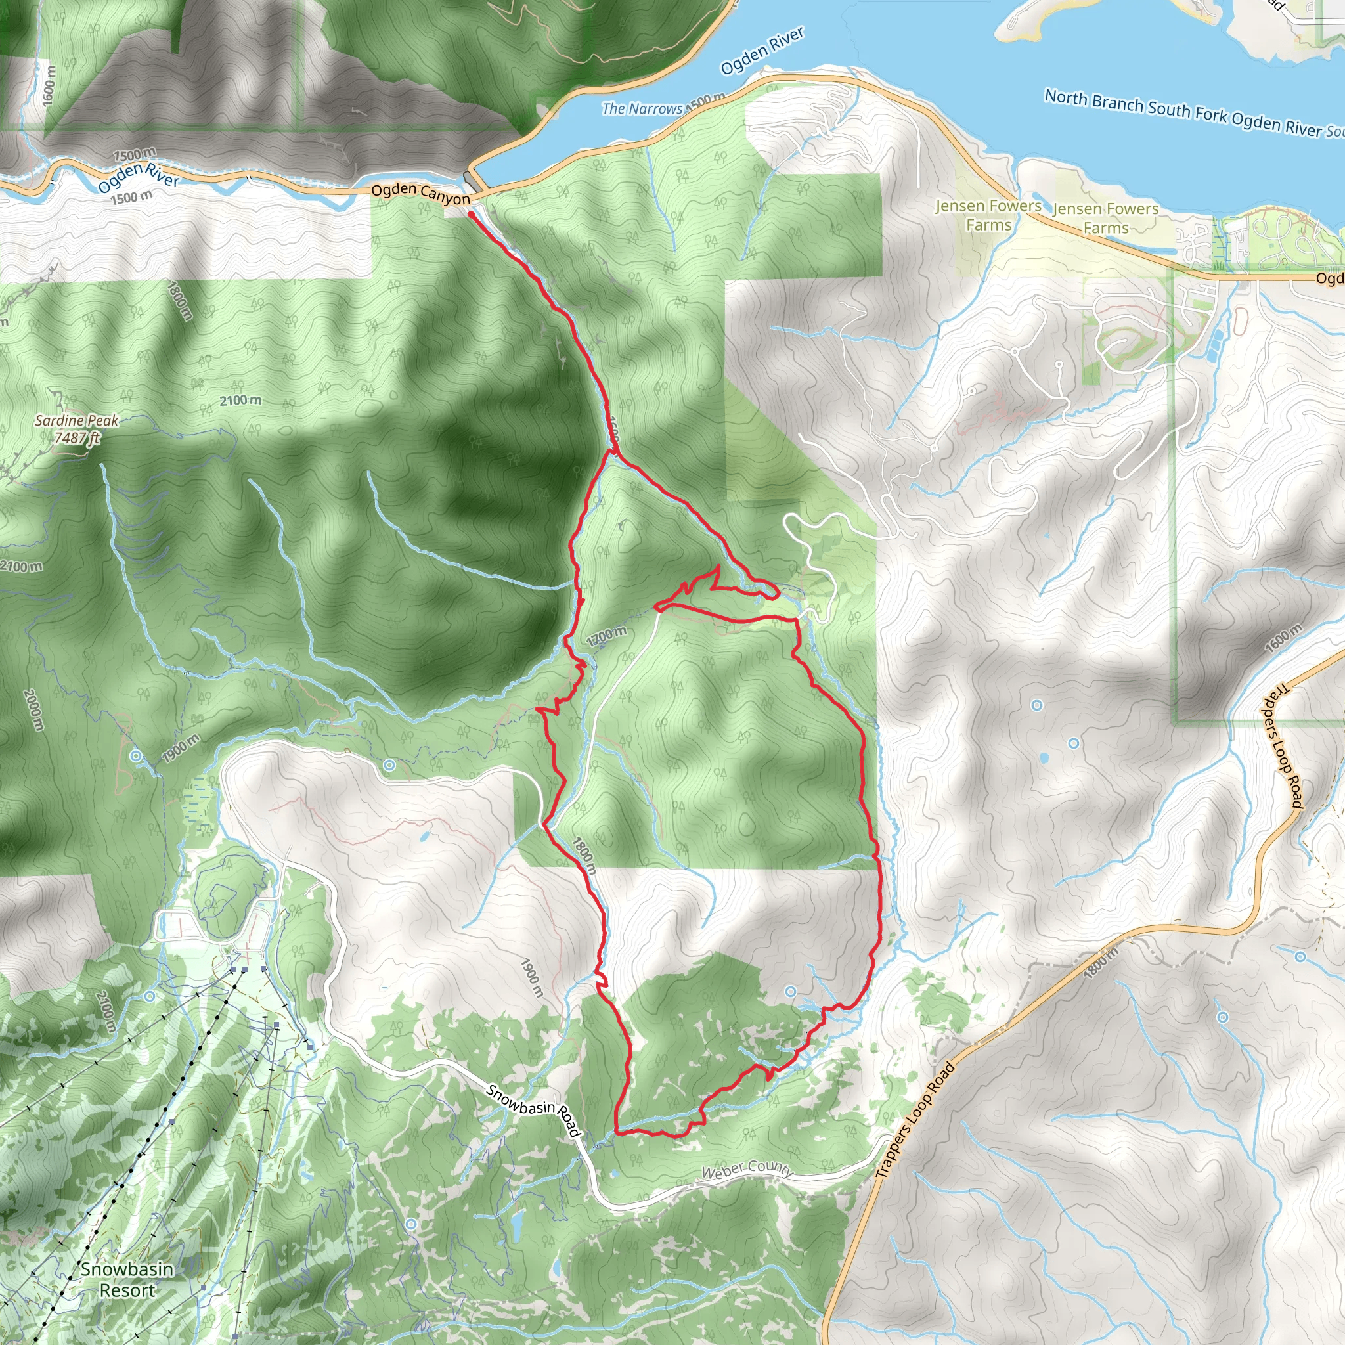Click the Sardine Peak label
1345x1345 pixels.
click(x=77, y=420)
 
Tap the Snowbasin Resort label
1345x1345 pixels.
click(x=127, y=1279)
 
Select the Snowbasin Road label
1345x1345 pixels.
click(x=533, y=1111)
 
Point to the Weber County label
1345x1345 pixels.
click(x=747, y=1170)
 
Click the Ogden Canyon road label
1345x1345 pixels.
click(x=420, y=194)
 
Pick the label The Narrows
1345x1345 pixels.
click(x=641, y=108)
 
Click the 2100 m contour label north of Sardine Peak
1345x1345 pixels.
click(x=241, y=401)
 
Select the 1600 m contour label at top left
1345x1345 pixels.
click(x=48, y=85)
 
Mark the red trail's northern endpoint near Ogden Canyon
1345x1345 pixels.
click(x=472, y=214)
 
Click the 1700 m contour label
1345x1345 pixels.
click(x=606, y=636)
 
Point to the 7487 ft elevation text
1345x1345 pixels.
click(x=77, y=438)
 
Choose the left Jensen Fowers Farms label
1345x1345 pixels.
click(x=988, y=215)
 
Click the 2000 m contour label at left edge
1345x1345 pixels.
click(x=33, y=710)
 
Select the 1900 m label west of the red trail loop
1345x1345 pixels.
click(x=531, y=977)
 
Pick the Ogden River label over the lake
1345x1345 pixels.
click(x=762, y=51)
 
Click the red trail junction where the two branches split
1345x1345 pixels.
click(x=612, y=451)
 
